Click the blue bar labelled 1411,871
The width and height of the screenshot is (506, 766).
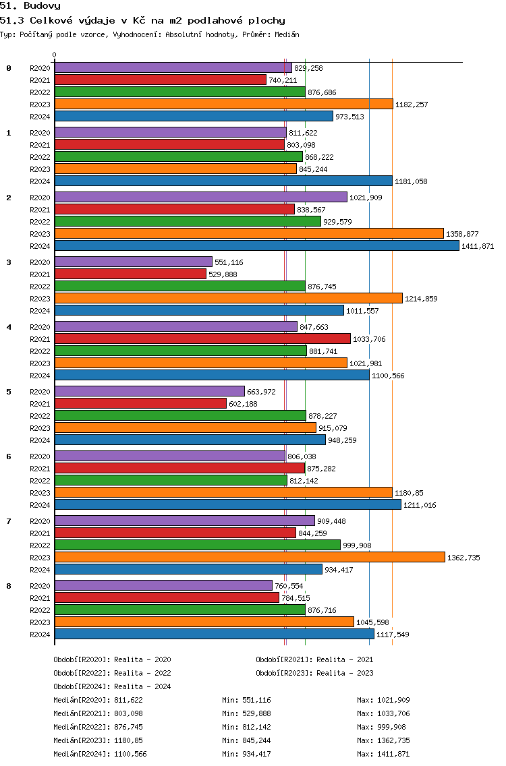click(257, 245)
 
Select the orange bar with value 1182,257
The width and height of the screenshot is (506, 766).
click(224, 104)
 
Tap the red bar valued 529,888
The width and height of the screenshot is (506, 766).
click(130, 274)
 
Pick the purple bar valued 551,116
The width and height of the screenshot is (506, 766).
click(134, 262)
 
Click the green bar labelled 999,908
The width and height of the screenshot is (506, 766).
click(198, 546)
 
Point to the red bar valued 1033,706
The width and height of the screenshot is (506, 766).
click(202, 338)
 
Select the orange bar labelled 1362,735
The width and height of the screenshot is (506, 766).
click(250, 558)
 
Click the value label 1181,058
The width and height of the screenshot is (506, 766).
click(411, 181)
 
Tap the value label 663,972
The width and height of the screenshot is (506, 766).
click(262, 392)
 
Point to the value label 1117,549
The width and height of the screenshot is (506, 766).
click(393, 635)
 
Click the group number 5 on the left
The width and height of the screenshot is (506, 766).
click(8, 392)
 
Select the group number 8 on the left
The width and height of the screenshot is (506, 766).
click(8, 586)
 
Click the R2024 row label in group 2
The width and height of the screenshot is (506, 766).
click(40, 246)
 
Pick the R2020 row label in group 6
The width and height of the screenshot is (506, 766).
click(40, 456)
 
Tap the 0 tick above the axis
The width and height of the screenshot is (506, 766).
click(54, 55)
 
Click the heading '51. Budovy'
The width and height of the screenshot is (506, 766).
click(30, 6)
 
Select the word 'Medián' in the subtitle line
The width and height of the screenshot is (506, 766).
click(287, 34)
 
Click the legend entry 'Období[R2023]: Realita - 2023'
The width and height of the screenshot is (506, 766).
click(314, 673)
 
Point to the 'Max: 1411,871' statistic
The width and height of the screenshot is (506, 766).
click(383, 754)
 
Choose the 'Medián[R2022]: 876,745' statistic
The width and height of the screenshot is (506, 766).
click(99, 727)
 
